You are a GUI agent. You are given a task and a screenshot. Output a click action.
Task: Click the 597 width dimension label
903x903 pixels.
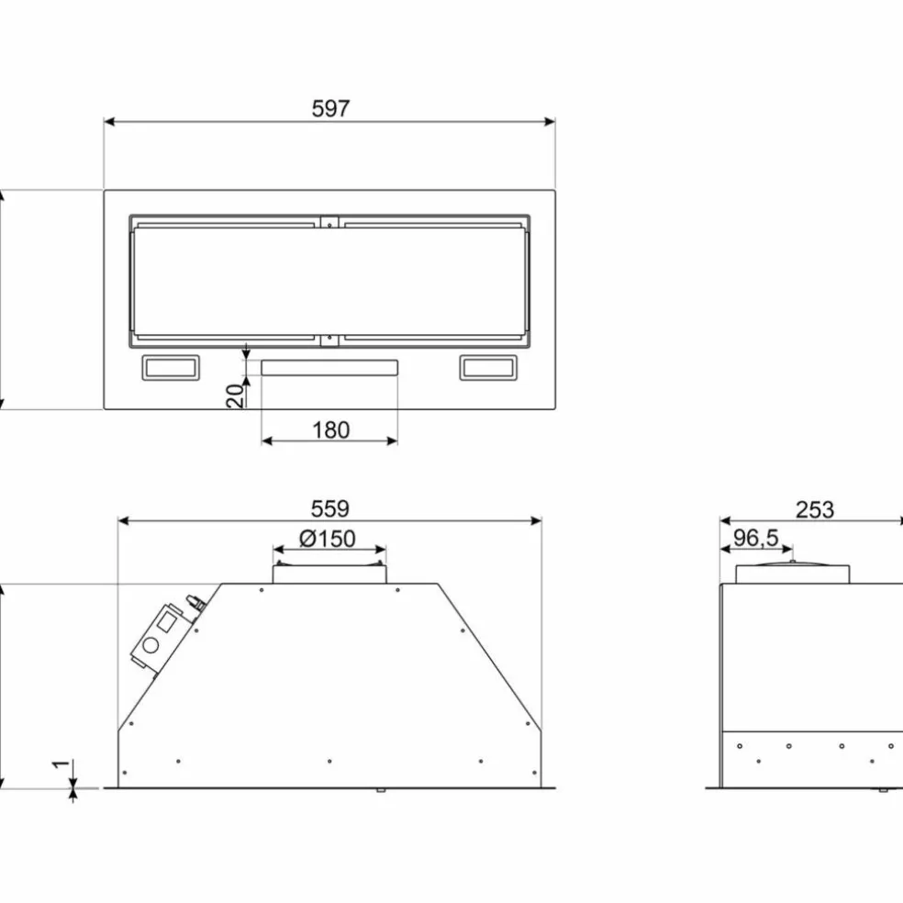pos(330,108)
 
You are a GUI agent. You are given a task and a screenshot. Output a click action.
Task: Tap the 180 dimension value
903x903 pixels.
pos(330,430)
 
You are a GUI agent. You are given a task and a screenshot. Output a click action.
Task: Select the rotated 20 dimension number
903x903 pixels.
pos(235,396)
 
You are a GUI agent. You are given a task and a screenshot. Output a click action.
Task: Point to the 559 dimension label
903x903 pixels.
pos(330,508)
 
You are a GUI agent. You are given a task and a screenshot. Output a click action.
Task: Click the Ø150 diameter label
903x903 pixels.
pos(327,539)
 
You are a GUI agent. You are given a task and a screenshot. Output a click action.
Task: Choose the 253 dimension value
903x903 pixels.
pos(814,509)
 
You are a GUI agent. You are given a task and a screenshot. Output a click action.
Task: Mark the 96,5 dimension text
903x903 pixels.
pos(755,538)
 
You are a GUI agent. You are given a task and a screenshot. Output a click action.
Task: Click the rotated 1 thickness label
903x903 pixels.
pos(61,764)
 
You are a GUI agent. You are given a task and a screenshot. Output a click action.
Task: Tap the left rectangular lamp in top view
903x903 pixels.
pos(171,367)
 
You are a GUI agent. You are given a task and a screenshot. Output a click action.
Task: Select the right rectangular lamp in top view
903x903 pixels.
pos(488,367)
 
